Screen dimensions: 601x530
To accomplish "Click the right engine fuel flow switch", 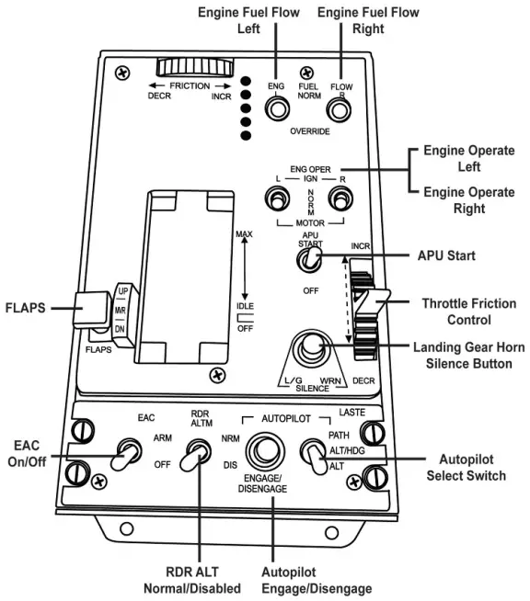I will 340,110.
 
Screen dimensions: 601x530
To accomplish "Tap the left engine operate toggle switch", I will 276,198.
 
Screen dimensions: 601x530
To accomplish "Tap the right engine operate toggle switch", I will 341,198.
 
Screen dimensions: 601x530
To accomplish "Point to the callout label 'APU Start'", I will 445,255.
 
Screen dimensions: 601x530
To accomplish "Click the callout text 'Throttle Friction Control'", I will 468,312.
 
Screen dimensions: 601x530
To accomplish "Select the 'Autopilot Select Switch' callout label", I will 466,466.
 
